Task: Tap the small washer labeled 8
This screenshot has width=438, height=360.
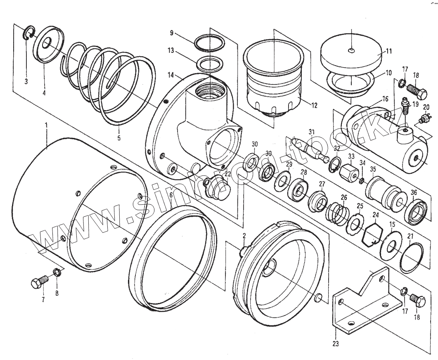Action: pos(57,273)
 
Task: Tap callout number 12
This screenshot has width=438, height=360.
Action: pos(315,105)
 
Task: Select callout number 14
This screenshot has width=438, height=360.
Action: pos(171,76)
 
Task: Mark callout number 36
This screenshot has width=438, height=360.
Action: pos(414,192)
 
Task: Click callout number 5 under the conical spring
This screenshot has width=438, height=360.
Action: pos(118,138)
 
